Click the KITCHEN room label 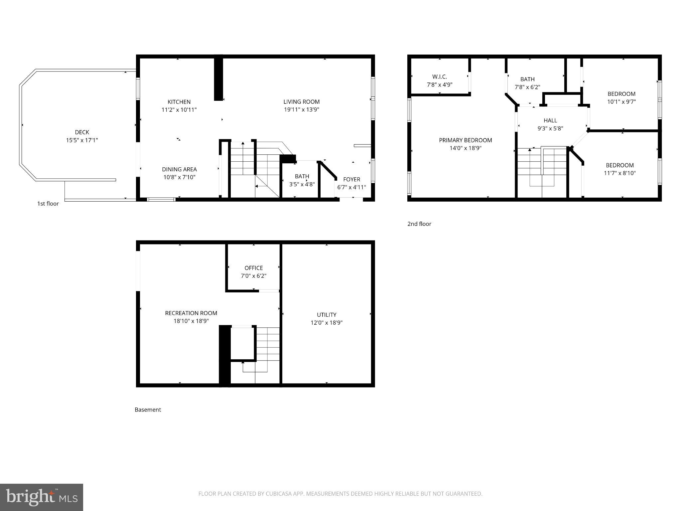[179, 102]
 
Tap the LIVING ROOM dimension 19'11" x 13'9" [301, 110]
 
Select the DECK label [82, 132]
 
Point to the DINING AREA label [179, 169]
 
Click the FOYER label [351, 179]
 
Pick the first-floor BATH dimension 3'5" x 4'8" [302, 184]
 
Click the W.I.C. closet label [440, 77]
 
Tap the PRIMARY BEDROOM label [465, 140]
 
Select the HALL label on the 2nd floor [550, 120]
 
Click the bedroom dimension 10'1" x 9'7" [621, 102]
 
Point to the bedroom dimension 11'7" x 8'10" [619, 173]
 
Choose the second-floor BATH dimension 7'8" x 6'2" [527, 87]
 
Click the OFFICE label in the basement [253, 268]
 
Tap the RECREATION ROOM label [191, 313]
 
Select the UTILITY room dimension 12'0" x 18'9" [327, 322]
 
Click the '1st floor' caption [48, 204]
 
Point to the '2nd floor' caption [419, 224]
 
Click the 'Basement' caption [148, 410]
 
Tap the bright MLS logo [42, 497]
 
